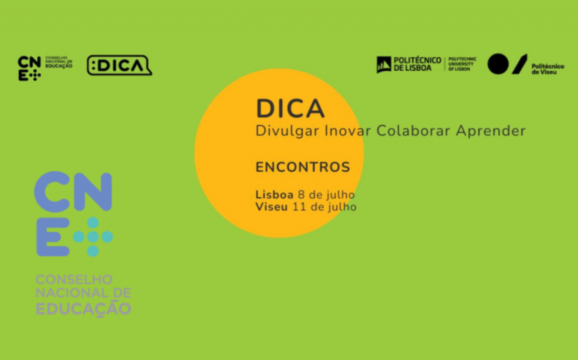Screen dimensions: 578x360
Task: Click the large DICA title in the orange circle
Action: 290,108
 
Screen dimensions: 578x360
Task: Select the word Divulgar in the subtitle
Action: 287,131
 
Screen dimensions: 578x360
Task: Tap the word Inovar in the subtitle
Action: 348,130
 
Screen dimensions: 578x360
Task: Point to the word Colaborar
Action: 413,130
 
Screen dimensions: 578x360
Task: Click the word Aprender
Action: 491,131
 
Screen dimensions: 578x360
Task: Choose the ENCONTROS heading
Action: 302,167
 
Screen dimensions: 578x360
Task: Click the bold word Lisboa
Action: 274,195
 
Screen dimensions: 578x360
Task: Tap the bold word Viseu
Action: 272,207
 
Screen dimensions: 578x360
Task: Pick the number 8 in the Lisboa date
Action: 301,195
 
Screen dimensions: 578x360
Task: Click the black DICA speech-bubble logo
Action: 119,65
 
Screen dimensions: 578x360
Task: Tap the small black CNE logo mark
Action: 29,68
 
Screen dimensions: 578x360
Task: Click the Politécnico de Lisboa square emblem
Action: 384,64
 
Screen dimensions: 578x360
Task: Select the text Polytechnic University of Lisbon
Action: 462,64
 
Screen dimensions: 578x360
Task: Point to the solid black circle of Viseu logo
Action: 498,64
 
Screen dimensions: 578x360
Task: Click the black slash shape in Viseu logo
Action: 520,64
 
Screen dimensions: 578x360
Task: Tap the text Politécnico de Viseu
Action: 548,69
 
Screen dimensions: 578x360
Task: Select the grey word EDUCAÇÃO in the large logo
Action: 83,309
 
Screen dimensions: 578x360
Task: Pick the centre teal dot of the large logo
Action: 93,237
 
